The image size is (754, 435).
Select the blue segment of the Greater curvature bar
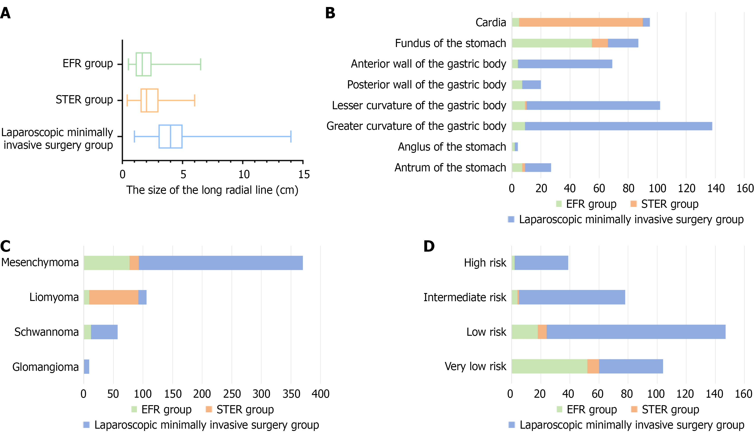(618, 126)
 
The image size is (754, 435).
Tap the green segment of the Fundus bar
(551, 43)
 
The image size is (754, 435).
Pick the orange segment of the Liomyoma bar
(113, 297)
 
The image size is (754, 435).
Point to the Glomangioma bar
(87, 366)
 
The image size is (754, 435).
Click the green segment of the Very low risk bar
(549, 366)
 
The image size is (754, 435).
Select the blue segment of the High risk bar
(541, 263)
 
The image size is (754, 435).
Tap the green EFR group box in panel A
(144, 64)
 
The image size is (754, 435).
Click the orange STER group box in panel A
(149, 100)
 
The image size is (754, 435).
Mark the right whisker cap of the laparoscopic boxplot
(291, 137)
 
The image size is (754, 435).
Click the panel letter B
(330, 13)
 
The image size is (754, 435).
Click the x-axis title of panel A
(212, 190)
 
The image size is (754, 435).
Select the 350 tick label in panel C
(291, 394)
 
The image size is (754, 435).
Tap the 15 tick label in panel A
(304, 175)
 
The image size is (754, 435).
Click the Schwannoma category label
(47, 332)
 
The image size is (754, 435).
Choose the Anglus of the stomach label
(452, 147)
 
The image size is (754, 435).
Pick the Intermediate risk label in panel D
(465, 297)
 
